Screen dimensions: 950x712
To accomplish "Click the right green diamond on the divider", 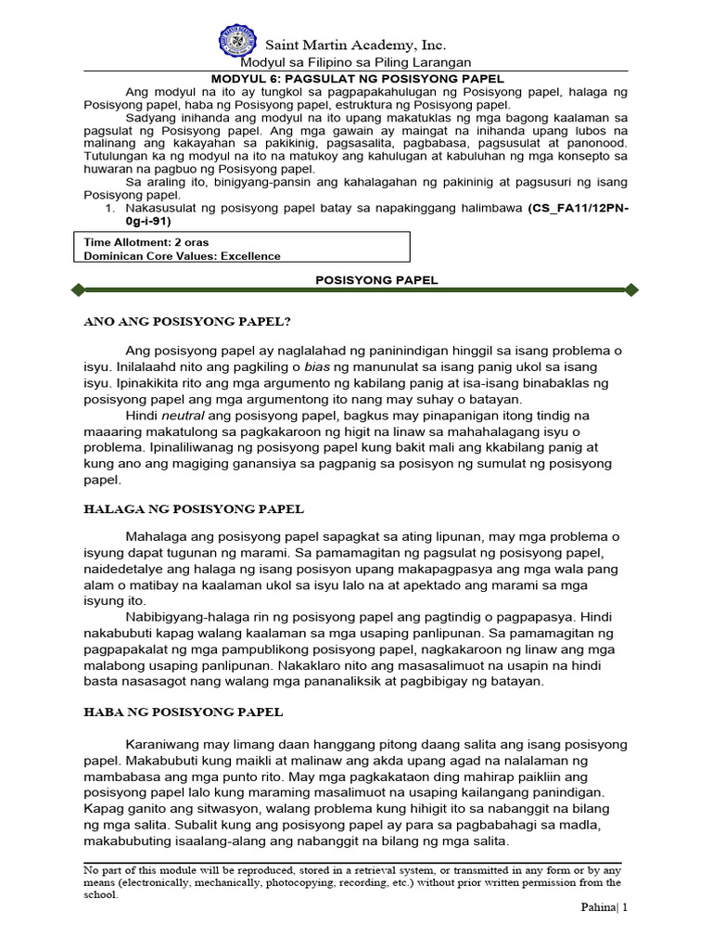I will (631, 290).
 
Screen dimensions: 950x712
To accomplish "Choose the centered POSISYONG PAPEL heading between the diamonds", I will (363, 280).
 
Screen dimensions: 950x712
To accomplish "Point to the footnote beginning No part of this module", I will (352, 883).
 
